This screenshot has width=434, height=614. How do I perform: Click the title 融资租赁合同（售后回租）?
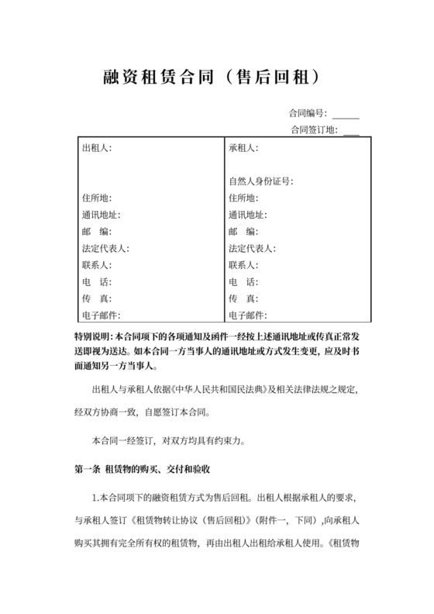216,78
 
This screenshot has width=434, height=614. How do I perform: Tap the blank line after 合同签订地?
351,129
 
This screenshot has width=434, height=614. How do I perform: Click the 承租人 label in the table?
243,147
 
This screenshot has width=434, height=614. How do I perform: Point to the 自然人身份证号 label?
260,181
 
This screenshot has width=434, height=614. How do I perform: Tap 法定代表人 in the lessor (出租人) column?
105,248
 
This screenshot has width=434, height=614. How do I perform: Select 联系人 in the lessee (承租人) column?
243,265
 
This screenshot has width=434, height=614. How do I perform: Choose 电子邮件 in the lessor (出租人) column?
101,315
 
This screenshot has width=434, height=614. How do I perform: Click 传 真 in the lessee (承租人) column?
243,298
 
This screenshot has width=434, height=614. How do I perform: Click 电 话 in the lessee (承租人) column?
243,281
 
